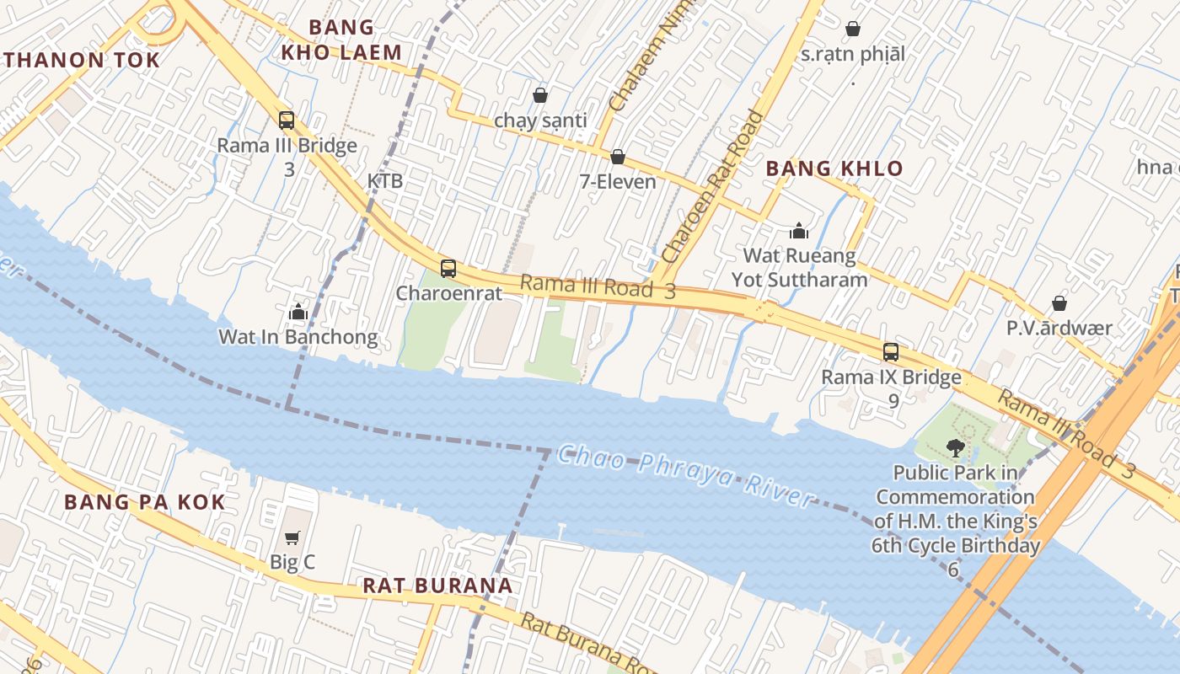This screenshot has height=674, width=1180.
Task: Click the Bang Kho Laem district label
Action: pyautogui.click(x=341, y=40)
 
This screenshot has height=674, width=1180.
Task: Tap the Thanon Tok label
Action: pyautogui.click(x=81, y=60)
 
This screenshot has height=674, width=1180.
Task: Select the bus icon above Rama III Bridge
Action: pyautogui.click(x=287, y=120)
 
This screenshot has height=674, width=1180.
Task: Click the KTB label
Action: pyautogui.click(x=384, y=181)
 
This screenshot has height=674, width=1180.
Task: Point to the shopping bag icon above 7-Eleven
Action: pyautogui.click(x=617, y=157)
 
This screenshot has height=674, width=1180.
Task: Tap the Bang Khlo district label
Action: pyautogui.click(x=834, y=168)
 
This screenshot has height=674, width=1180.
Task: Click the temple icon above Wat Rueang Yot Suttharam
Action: pyautogui.click(x=798, y=230)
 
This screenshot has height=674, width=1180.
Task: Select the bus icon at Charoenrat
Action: pyautogui.click(x=448, y=269)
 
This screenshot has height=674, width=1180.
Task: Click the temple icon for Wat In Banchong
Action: pyautogui.click(x=298, y=313)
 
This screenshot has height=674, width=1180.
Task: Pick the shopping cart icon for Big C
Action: pyautogui.click(x=292, y=538)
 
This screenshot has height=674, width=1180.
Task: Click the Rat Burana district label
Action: pyautogui.click(x=437, y=586)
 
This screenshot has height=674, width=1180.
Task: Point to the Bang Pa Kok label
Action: pyautogui.click(x=145, y=503)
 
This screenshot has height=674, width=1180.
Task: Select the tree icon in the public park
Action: pyautogui.click(x=955, y=447)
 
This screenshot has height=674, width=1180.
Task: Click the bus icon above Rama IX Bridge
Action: pyautogui.click(x=891, y=352)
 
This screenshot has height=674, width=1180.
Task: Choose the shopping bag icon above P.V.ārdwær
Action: pyautogui.click(x=1059, y=303)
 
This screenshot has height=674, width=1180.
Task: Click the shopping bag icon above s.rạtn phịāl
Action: pyautogui.click(x=853, y=29)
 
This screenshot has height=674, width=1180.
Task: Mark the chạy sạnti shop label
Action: pyautogui.click(x=540, y=120)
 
